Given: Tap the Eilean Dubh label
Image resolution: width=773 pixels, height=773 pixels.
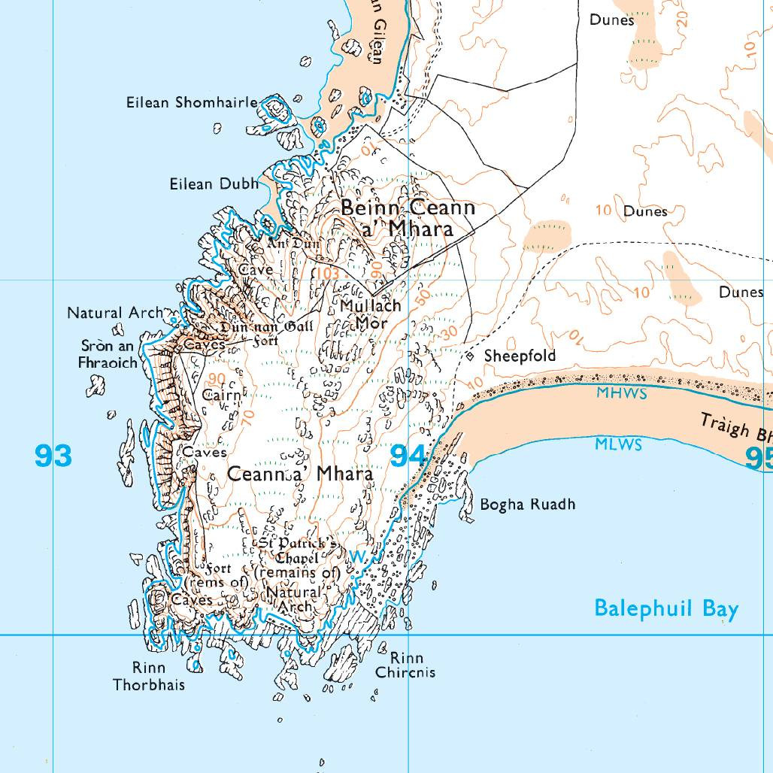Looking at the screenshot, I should (x=214, y=183).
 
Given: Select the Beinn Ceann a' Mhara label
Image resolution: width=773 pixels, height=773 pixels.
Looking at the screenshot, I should (x=408, y=218).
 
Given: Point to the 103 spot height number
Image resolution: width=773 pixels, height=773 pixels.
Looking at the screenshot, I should (x=327, y=273).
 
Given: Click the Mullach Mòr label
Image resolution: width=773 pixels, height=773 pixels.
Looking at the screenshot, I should (x=370, y=314).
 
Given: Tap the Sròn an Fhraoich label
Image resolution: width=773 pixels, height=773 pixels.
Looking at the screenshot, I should (x=109, y=354).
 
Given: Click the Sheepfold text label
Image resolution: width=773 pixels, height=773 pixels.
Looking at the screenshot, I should (x=520, y=356).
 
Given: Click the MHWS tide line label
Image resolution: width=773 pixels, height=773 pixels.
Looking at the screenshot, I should (x=621, y=394).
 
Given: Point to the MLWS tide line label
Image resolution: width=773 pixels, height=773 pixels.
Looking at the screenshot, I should (x=618, y=444).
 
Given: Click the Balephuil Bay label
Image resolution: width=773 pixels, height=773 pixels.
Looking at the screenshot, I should (x=666, y=608).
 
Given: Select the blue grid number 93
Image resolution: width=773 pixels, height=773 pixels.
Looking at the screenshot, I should (x=53, y=456).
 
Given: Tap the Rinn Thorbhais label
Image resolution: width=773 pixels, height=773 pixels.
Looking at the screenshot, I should (x=148, y=676).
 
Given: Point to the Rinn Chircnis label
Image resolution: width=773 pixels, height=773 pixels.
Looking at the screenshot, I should (x=405, y=665).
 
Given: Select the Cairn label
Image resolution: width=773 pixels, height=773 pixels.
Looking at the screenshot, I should (x=222, y=395).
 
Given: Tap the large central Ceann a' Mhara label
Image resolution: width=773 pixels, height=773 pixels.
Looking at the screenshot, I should (x=300, y=474).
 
